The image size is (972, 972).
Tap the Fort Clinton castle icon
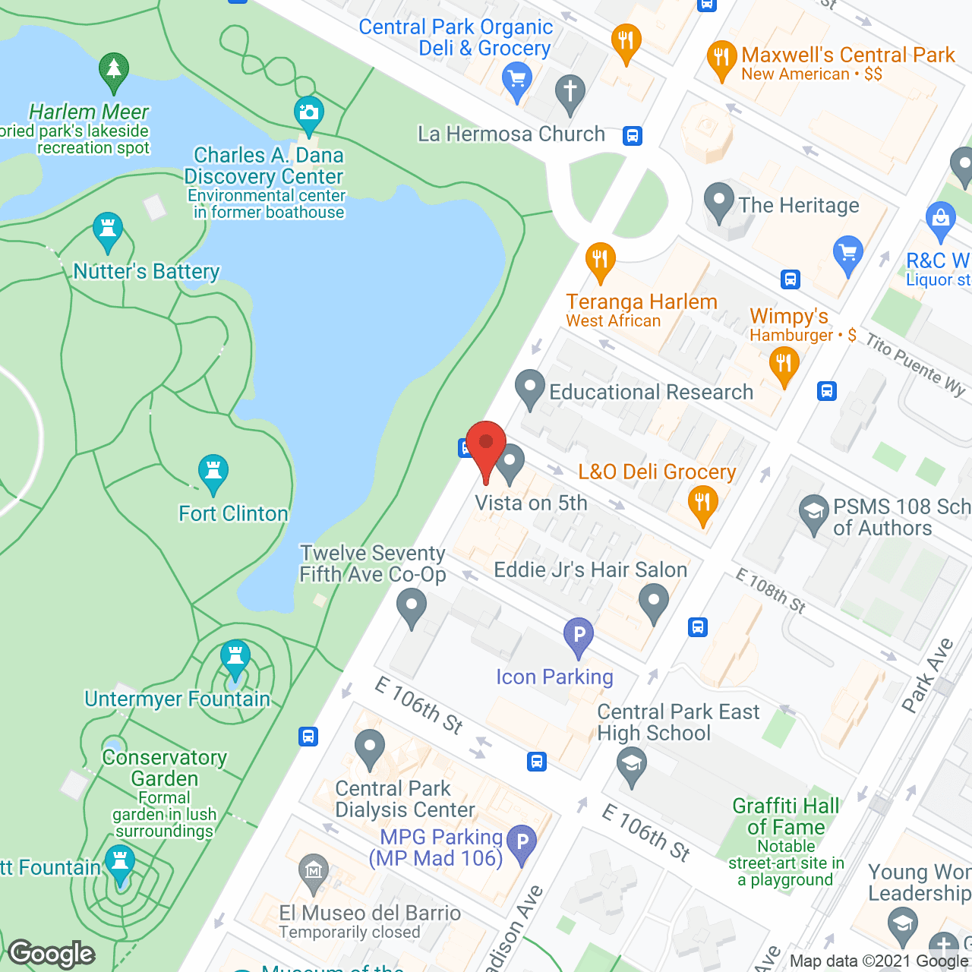213,473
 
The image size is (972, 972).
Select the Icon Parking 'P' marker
579,635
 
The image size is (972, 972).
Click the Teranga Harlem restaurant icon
600,260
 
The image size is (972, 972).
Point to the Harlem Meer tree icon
114,69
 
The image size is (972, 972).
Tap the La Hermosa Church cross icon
570,93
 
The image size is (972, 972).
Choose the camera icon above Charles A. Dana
308,114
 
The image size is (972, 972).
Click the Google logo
52,954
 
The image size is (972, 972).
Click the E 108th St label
770,591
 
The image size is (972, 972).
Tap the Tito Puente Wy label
916,364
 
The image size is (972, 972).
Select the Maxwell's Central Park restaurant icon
721,58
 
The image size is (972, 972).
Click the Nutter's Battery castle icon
108,229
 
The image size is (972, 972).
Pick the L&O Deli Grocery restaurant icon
703,503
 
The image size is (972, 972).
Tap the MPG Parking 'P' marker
522,842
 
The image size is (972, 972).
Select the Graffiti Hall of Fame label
786,816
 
